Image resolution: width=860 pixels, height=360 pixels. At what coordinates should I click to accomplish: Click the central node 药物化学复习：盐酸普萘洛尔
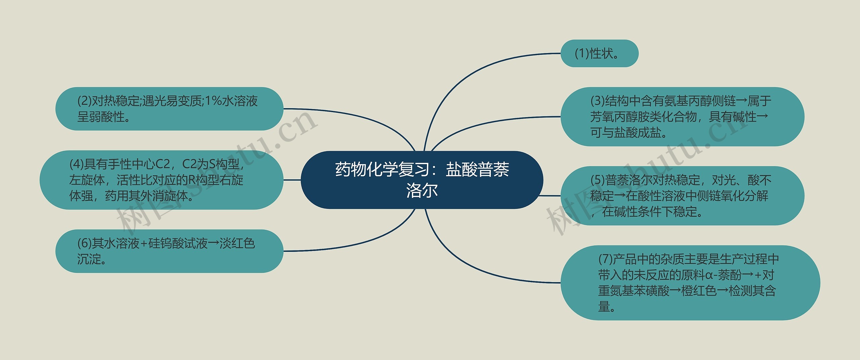tap(422, 180)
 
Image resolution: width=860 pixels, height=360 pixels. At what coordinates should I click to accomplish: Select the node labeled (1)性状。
tap(599, 53)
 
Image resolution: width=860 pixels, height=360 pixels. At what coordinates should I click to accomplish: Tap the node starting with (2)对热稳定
tap(169, 108)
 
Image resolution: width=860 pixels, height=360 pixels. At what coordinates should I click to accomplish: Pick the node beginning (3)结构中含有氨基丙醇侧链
tap(682, 117)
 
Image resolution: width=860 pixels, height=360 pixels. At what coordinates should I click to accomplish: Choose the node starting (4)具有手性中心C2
tap(161, 180)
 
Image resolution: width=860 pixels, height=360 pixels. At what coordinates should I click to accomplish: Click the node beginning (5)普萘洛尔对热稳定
tap(682, 196)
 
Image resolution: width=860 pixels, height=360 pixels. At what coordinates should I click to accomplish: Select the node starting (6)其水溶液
tap(169, 251)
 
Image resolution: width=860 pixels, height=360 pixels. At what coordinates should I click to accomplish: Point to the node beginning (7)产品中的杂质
tap(690, 283)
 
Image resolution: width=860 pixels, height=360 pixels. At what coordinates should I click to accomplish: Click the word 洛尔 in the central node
tap(422, 190)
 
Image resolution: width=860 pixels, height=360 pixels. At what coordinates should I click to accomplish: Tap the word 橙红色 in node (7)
tap(699, 291)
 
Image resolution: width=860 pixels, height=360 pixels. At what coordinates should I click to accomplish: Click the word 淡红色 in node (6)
tap(237, 243)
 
